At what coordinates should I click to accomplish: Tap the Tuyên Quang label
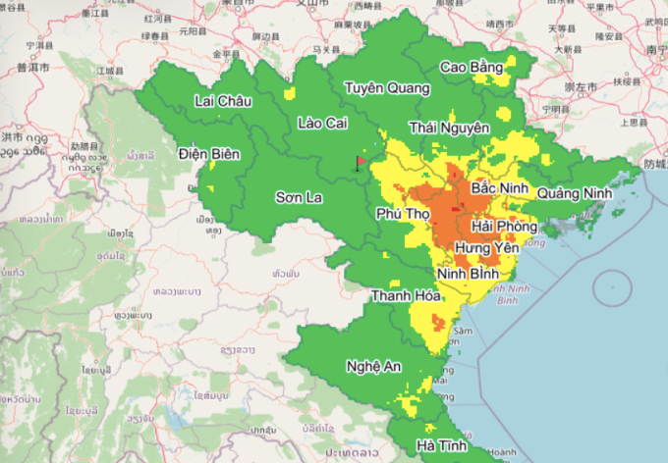coord(387,88)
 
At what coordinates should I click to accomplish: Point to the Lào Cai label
coord(323,123)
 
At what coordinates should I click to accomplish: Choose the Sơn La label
coord(299,197)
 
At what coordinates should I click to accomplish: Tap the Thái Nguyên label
coord(449,128)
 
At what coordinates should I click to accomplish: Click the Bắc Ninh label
coord(499,187)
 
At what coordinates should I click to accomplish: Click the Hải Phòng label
coord(509,227)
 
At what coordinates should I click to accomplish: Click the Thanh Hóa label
coord(404,295)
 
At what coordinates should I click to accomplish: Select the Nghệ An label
coord(373,366)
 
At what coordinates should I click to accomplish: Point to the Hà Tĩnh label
coord(441,445)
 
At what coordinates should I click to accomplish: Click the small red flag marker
coord(360,163)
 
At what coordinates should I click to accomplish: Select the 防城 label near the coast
coord(653,164)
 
